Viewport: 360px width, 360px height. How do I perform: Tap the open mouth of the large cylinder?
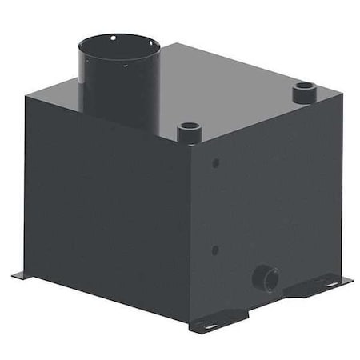pyautogui.click(x=118, y=44)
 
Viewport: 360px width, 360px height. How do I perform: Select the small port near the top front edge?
pyautogui.click(x=189, y=130)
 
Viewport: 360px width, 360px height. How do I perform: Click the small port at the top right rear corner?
pyautogui.click(x=305, y=92)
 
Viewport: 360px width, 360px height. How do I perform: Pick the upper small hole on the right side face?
pyautogui.click(x=216, y=163)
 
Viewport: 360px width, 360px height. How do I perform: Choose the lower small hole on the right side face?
pyautogui.click(x=215, y=250)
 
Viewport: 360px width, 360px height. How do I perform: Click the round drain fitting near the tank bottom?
pyautogui.click(x=266, y=279)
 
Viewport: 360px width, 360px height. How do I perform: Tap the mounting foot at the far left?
pyautogui.click(x=22, y=275)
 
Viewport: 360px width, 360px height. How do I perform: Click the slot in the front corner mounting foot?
pyautogui.click(x=210, y=326)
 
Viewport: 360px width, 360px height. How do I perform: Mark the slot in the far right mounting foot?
pyautogui.click(x=330, y=283)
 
